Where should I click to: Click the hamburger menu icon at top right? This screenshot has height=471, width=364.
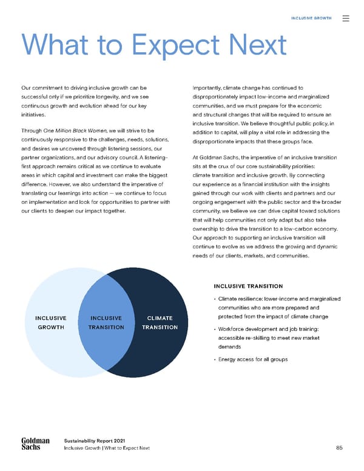coord(346,19)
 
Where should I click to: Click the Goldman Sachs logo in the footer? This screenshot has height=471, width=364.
coord(30,444)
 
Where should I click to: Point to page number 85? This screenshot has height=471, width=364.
coord(340,448)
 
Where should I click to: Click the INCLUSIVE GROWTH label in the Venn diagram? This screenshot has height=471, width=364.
coord(51,322)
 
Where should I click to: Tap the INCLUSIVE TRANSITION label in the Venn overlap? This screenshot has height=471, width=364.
coord(106,322)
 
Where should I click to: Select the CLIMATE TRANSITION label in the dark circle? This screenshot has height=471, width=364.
coord(160,322)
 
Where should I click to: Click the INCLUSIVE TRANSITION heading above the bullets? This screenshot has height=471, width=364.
coord(248,286)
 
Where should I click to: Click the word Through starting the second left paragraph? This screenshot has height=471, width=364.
coord(31,130)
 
